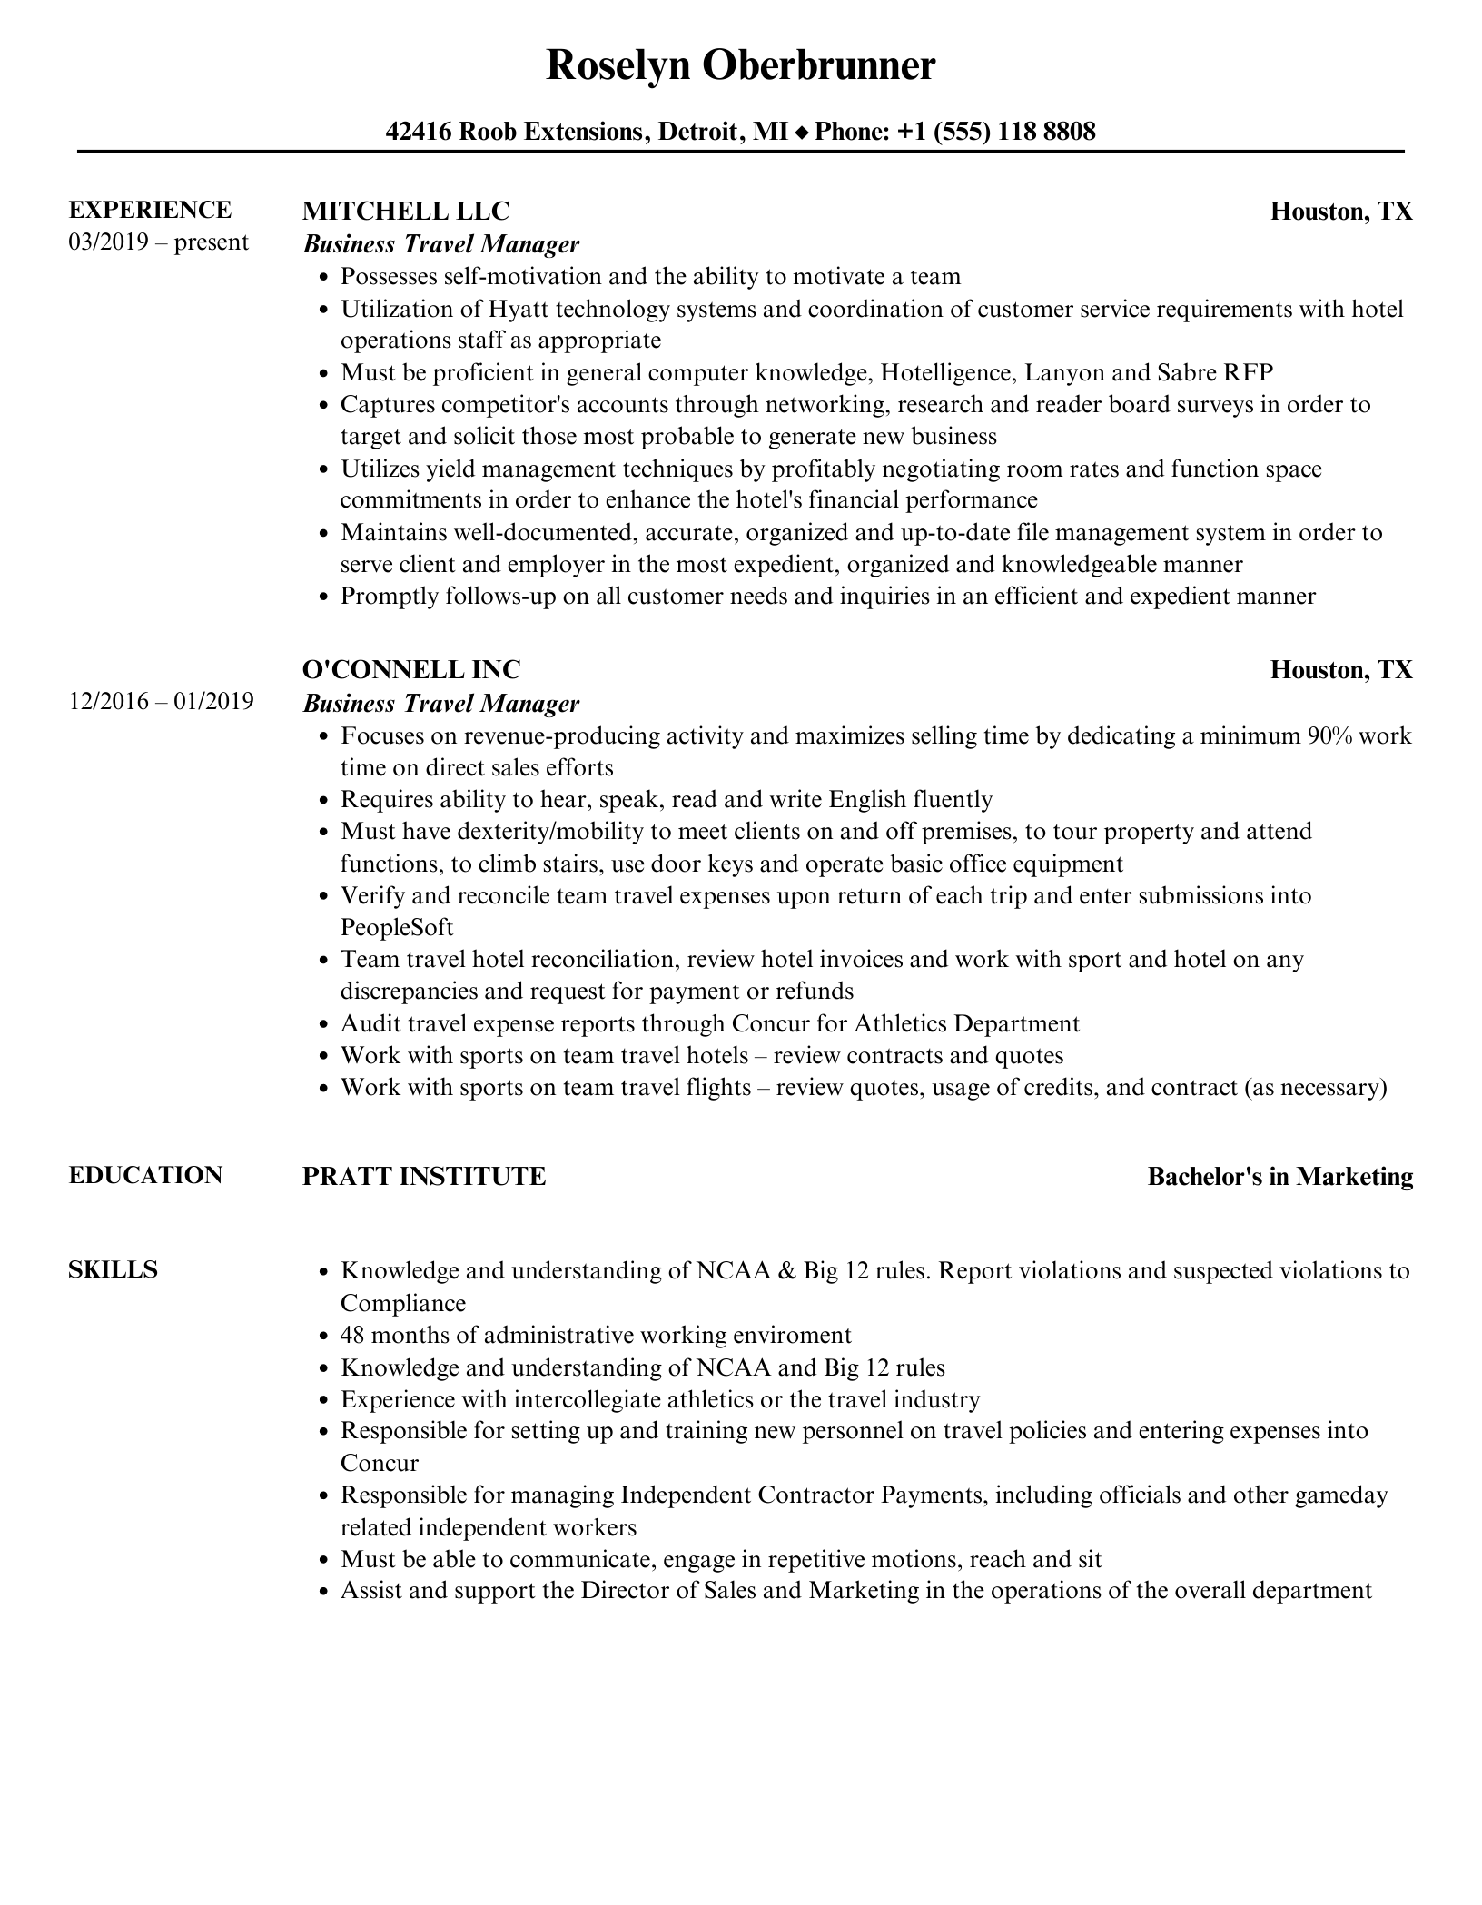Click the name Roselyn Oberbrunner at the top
740,66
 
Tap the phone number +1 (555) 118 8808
996,132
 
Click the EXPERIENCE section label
150,210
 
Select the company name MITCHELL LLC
405,211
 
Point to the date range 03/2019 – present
158,242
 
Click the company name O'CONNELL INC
411,670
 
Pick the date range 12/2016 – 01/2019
161,702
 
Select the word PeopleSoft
396,927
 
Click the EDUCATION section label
145,1175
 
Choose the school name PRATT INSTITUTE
424,1177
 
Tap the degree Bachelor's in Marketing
1279,1177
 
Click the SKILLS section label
113,1269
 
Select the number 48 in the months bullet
352,1335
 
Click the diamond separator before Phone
801,133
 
